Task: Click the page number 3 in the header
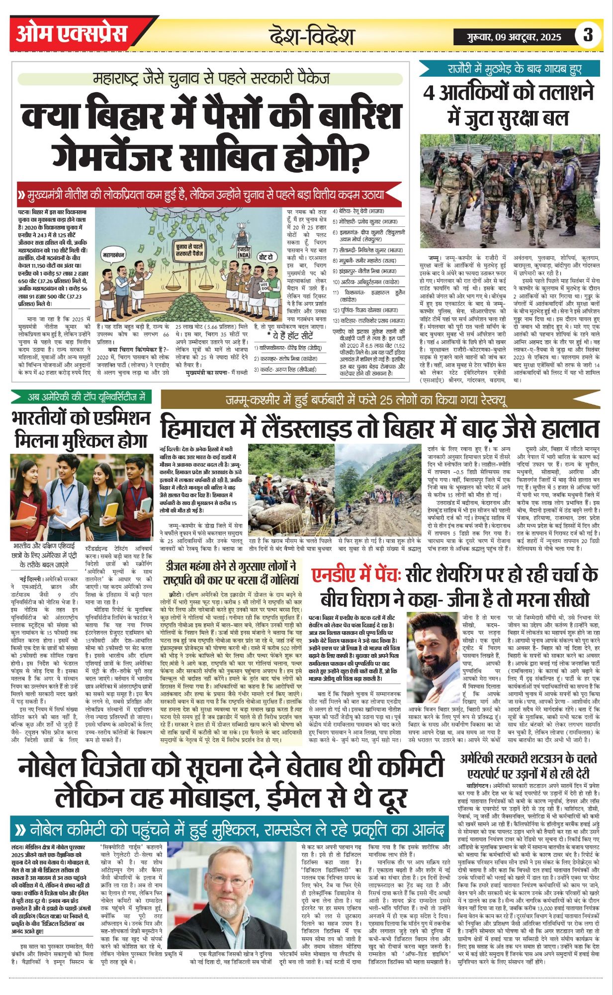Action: [x=588, y=35]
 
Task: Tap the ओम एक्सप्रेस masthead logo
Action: [x=72, y=33]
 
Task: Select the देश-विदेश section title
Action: [x=311, y=36]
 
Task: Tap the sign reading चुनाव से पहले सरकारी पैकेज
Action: [x=191, y=249]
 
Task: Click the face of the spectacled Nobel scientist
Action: [x=234, y=880]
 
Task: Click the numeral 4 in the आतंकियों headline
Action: [x=429, y=93]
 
